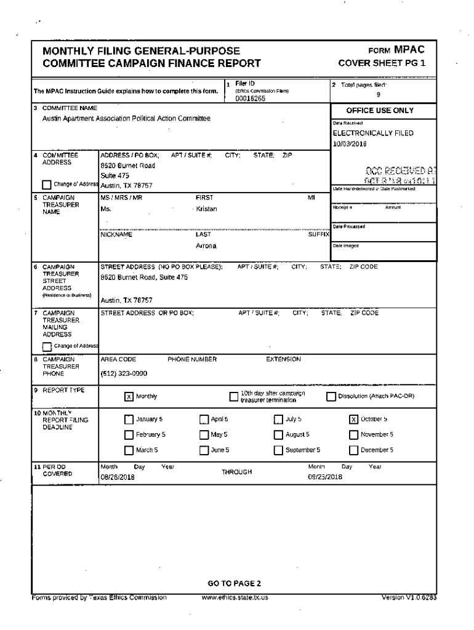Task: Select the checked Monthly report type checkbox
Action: (129, 396)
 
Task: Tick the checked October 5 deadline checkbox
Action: (353, 420)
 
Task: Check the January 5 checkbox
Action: (129, 420)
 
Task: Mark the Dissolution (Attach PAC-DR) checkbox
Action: (331, 396)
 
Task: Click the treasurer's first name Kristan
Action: (206, 209)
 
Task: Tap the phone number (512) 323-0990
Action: (124, 373)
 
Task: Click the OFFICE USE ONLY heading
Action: (379, 111)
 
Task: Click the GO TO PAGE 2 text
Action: (235, 583)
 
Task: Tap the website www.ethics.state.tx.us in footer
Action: (235, 597)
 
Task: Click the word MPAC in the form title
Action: (409, 50)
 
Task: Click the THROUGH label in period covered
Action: (237, 472)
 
